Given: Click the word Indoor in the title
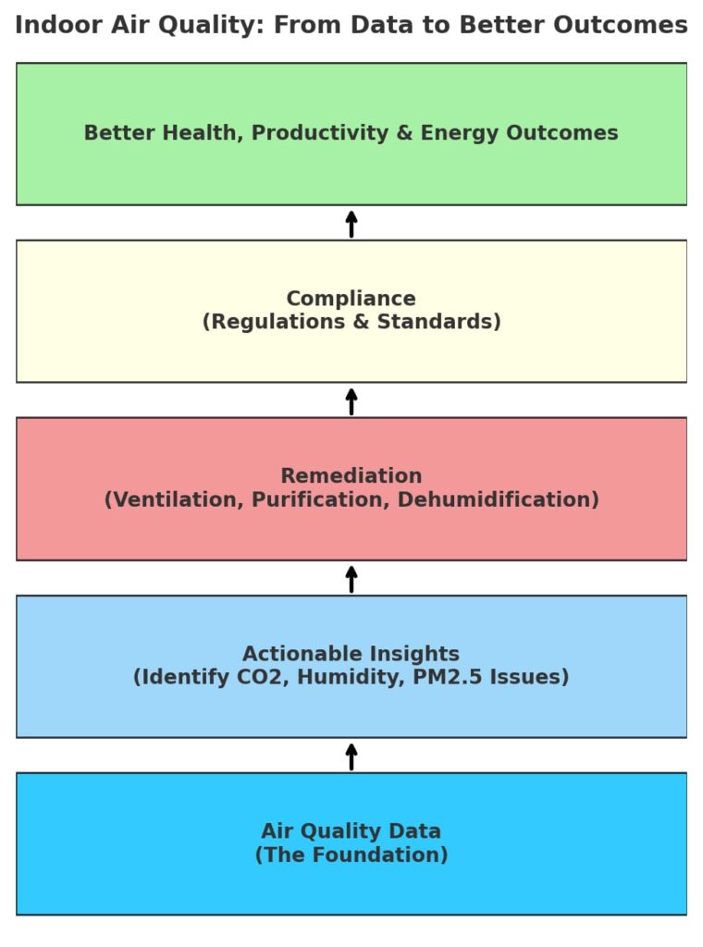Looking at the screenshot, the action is [58, 25].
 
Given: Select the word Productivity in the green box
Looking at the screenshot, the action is [320, 133].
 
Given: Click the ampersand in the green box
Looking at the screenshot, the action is [404, 133].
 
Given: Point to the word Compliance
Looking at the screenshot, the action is [351, 299].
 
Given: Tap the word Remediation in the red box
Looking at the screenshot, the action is [351, 476].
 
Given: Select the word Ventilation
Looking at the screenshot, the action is [174, 499].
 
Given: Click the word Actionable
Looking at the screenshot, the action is [302, 654].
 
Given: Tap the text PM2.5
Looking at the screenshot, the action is [448, 677].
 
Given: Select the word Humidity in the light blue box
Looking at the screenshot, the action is [351, 677].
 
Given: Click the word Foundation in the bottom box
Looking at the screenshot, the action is [380, 855].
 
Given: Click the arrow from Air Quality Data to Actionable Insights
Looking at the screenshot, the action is [351, 756].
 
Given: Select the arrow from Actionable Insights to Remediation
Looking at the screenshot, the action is [351, 579].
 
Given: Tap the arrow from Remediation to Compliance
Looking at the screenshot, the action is [351, 401].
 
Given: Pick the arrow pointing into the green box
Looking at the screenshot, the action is [351, 224].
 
